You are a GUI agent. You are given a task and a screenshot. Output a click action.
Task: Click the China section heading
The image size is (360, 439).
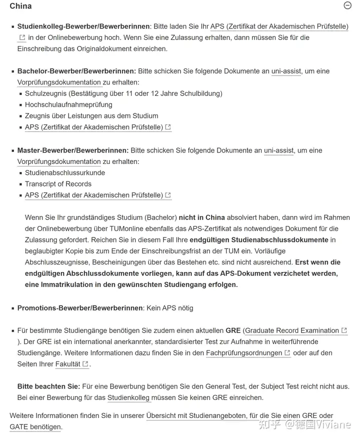pos(20,6)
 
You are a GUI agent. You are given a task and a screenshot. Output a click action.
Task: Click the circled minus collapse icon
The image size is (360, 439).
pos(348,5)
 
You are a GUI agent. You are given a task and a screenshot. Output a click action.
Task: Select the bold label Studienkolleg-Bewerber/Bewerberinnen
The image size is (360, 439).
pos(83,26)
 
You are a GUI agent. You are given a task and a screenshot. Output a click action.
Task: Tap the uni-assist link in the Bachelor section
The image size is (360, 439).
pos(286,71)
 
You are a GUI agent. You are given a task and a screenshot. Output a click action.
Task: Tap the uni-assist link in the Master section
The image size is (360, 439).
pos(279,150)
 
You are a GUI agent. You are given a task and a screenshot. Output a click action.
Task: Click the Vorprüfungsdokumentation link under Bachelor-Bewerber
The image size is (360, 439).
pos(59,82)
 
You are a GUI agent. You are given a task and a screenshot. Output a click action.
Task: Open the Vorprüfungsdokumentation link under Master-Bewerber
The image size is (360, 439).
pos(59,161)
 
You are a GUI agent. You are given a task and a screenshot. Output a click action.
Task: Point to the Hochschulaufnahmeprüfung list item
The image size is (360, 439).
pos(68,104)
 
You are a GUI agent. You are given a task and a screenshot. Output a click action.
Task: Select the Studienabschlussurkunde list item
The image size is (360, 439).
pos(65,172)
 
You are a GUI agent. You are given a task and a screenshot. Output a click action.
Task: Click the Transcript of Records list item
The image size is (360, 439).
pos(58,183)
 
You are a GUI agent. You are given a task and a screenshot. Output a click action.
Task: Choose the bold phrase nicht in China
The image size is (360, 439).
pos(202,217)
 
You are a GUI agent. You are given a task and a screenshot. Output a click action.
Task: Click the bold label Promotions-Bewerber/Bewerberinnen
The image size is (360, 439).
pos(80,308)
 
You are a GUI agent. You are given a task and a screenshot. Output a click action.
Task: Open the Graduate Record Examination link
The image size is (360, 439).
pos(291,330)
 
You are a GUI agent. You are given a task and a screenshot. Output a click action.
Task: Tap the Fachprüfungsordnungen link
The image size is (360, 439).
pos(244,353)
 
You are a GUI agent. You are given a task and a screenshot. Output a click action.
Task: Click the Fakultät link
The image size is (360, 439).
pos(67,364)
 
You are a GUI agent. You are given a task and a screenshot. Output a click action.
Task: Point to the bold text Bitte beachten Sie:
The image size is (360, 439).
pos(48,386)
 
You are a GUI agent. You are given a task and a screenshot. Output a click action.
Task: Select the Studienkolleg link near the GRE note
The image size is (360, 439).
pos(128,397)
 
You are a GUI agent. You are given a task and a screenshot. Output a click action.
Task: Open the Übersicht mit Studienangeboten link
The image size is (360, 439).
pos(196,416)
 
